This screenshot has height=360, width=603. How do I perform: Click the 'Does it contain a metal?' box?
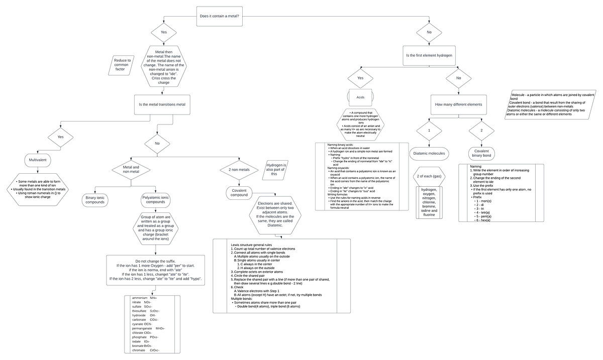[x=219, y=17]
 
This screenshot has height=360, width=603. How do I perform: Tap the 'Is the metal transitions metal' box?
[x=162, y=104]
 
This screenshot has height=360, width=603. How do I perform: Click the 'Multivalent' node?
[x=39, y=160]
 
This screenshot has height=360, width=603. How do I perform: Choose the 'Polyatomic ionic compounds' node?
[x=155, y=200]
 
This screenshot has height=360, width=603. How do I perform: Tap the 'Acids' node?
[x=360, y=97]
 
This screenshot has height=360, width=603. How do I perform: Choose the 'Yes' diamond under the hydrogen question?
[x=360, y=78]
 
